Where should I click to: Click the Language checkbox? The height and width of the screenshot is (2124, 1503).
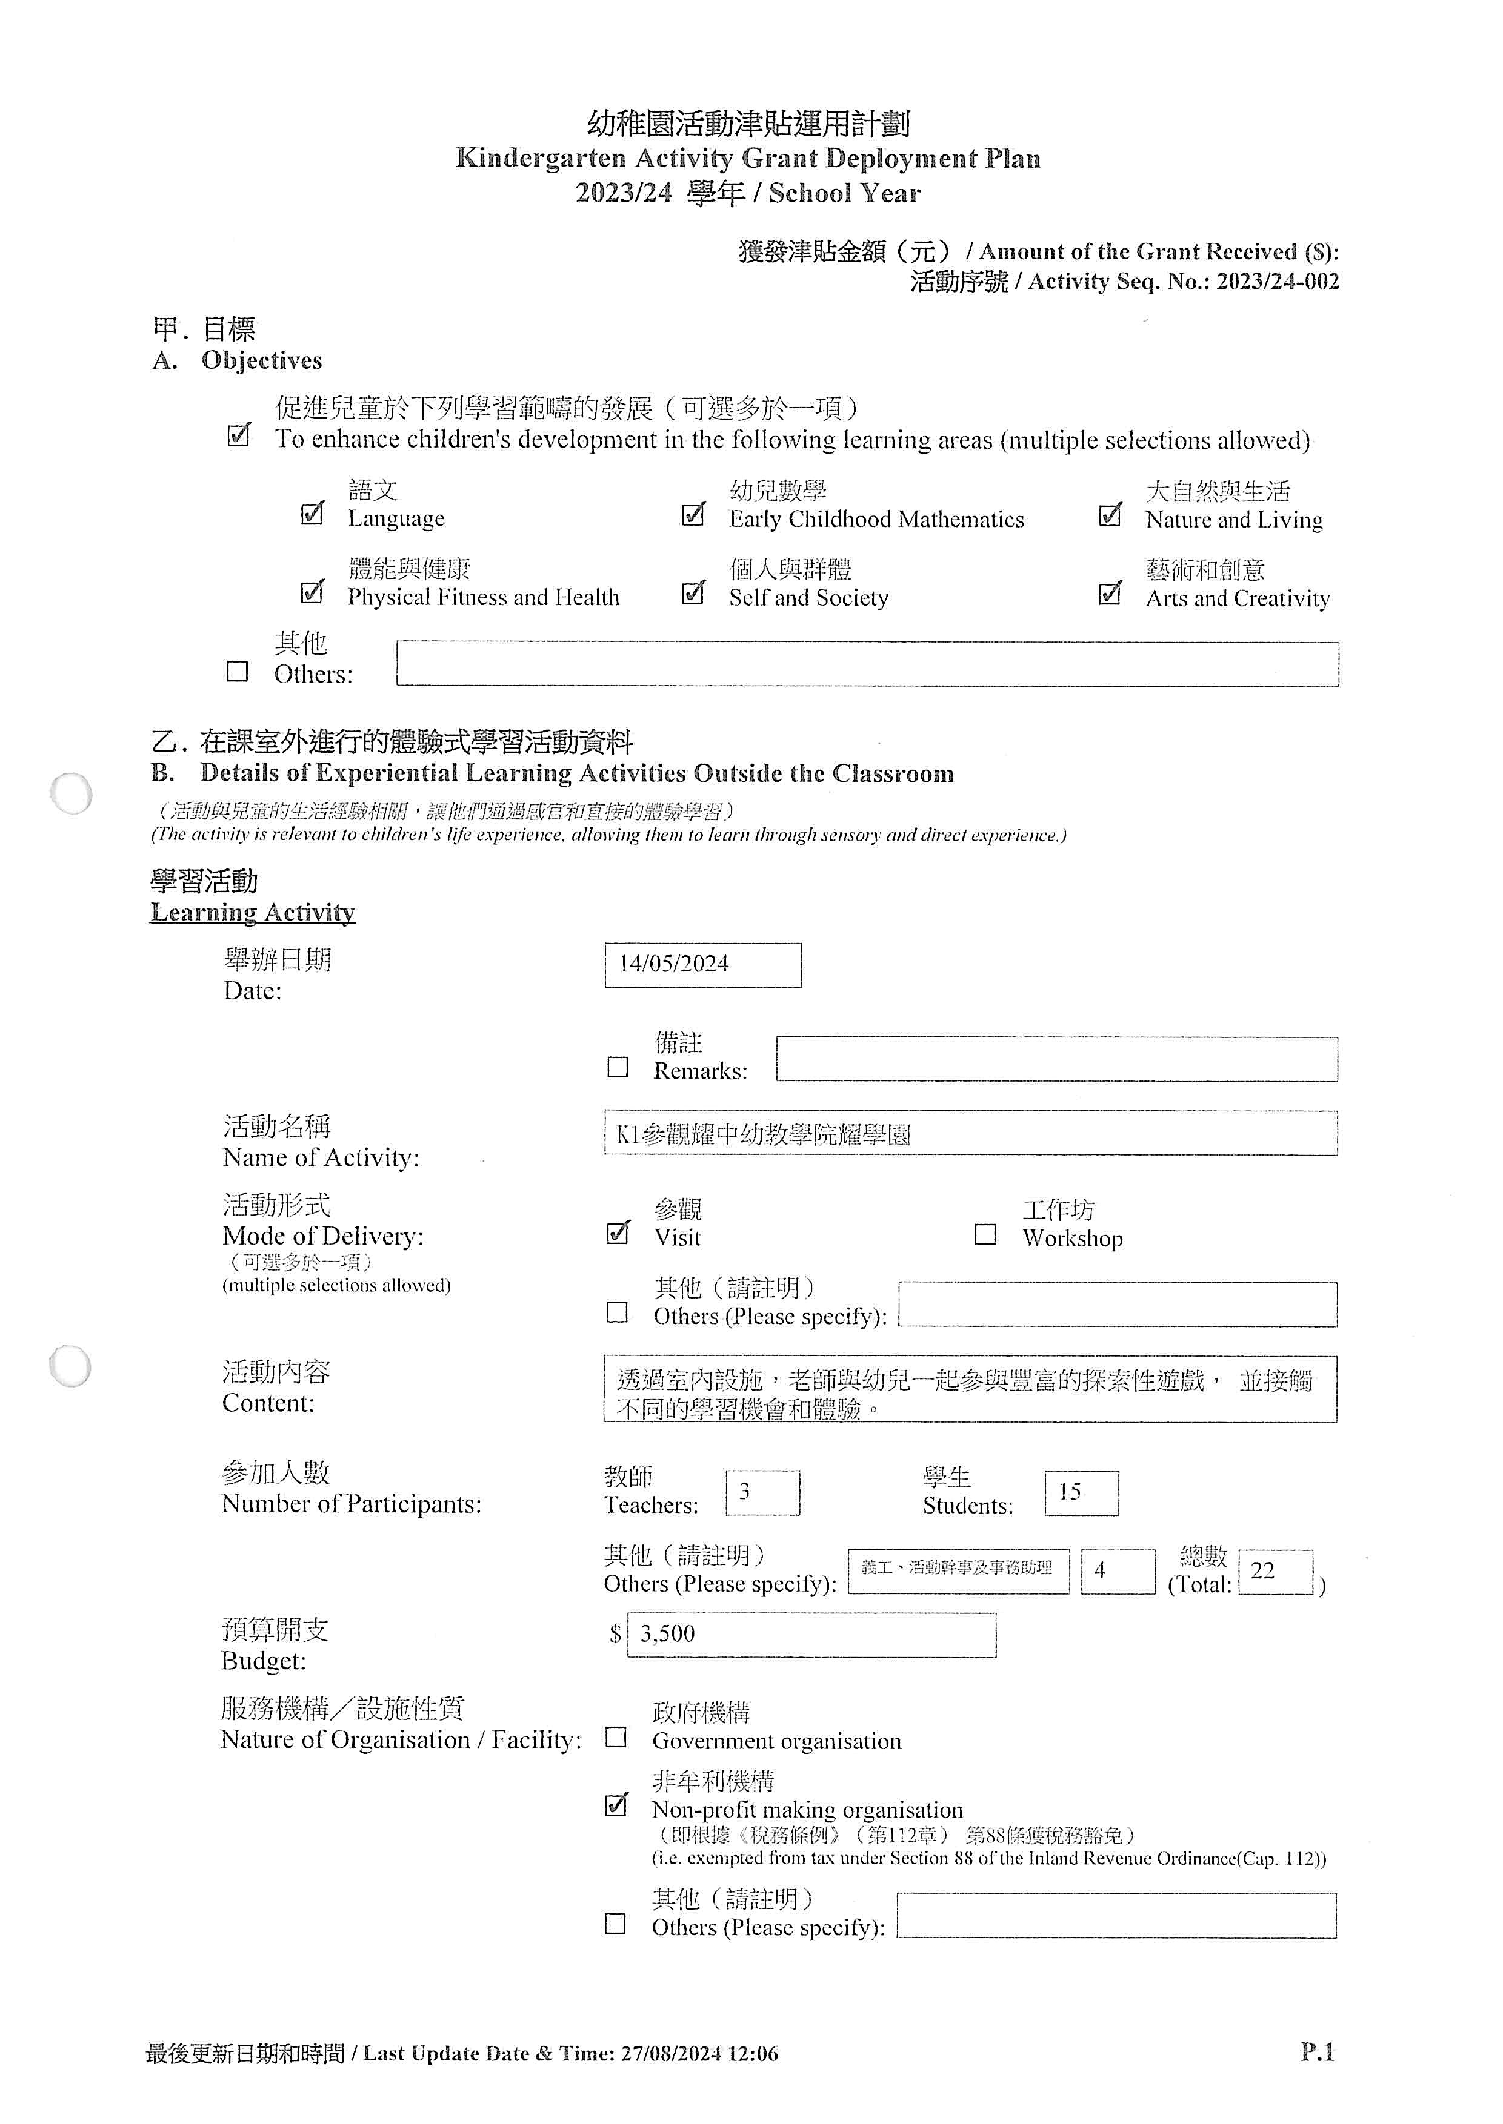click(313, 514)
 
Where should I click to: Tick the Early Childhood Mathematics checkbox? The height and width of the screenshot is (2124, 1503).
click(692, 514)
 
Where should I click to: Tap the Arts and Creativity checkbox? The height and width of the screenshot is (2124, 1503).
click(1110, 593)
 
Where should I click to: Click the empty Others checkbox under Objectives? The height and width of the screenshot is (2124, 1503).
click(238, 670)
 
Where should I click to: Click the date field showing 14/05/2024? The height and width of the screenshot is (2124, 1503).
click(702, 965)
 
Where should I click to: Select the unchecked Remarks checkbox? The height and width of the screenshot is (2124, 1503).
click(618, 1067)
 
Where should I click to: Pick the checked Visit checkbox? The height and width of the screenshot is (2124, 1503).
click(618, 1233)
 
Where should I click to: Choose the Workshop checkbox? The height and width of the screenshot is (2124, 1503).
click(985, 1234)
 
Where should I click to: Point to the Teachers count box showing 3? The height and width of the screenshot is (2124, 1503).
click(762, 1492)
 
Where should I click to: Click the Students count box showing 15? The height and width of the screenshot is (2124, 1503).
click(1081, 1492)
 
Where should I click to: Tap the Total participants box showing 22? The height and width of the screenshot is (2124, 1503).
click(1275, 1571)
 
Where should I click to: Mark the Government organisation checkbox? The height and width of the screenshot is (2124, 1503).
click(616, 1736)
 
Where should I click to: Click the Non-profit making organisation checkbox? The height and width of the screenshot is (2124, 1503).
click(616, 1805)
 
